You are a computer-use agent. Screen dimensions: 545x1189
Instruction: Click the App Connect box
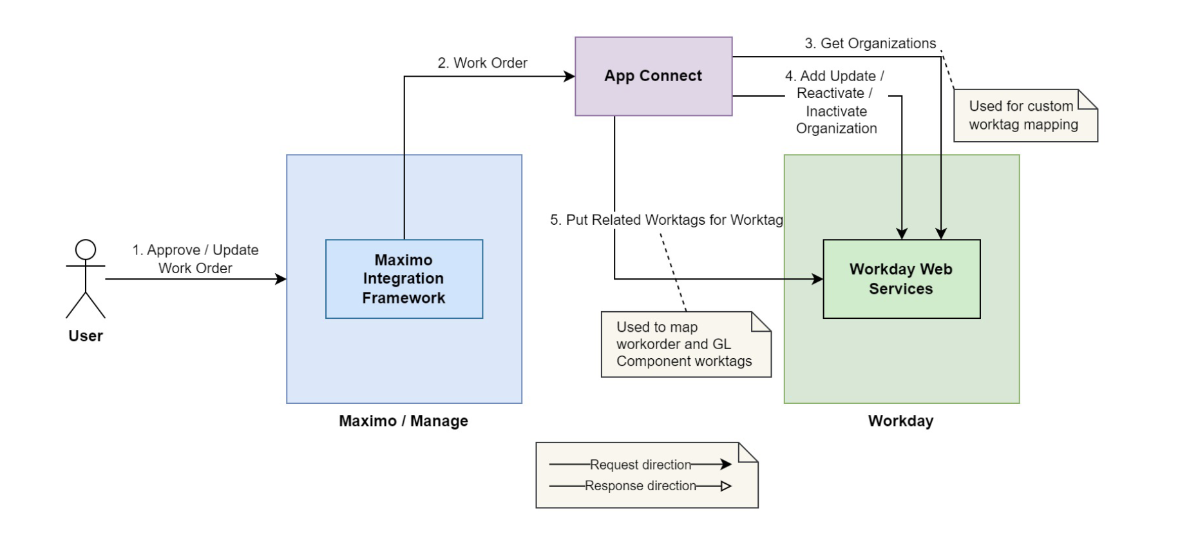(653, 76)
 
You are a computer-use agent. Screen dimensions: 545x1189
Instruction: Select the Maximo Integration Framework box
(404, 279)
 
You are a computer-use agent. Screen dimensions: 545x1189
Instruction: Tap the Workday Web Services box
(901, 279)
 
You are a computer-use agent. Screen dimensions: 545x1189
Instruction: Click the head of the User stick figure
(86, 249)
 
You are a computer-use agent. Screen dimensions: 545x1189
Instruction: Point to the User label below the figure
(86, 336)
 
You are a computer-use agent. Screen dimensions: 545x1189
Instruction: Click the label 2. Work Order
(482, 63)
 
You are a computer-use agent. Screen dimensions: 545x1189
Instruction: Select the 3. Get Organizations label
(870, 44)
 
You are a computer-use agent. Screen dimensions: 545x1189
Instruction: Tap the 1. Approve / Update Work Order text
(195, 258)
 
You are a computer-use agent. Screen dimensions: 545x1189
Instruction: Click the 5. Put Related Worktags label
(666, 220)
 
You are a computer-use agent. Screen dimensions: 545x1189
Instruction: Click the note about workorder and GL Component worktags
(683, 345)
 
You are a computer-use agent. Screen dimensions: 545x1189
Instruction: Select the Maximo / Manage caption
(404, 421)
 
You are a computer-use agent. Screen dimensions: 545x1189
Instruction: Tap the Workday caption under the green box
(900, 421)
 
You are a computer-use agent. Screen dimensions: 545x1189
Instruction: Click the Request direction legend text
(640, 464)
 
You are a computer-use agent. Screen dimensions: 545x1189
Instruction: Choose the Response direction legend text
(640, 486)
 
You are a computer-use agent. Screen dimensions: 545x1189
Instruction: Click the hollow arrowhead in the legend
(726, 486)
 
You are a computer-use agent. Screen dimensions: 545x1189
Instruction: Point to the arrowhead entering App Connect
(569, 77)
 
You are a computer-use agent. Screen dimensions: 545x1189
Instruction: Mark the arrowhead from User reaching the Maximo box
(281, 279)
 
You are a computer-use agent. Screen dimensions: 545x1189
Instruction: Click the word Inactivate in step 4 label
(836, 111)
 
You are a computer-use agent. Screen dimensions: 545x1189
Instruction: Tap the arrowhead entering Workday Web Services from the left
(817, 279)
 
